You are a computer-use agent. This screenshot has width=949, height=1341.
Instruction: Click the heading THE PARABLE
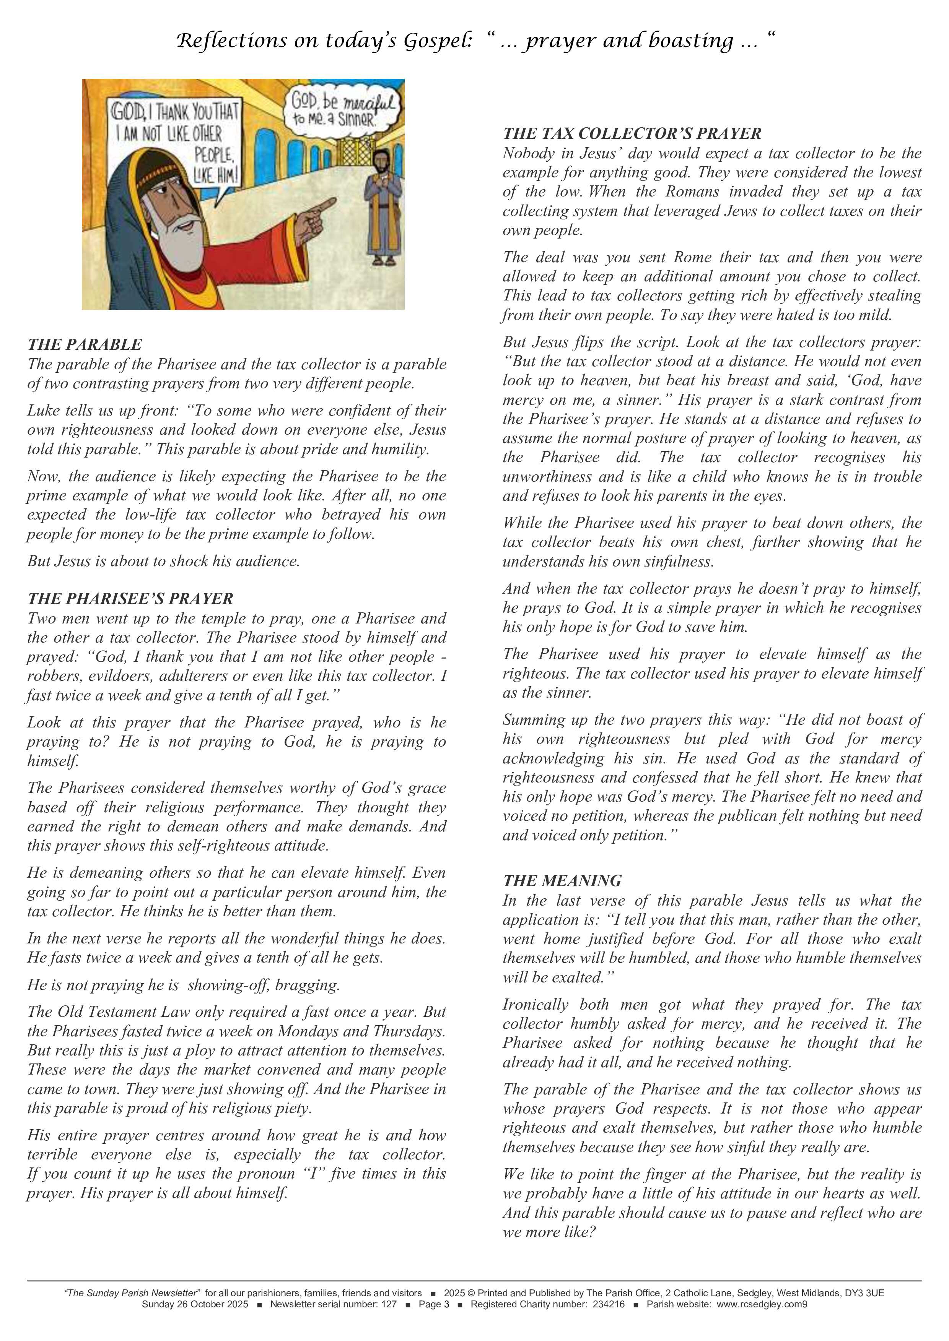coord(85,344)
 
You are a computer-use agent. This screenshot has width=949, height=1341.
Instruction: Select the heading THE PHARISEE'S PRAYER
coord(130,599)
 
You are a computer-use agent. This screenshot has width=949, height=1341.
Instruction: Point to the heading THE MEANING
coord(562,881)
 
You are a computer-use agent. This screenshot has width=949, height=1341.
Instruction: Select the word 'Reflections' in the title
coord(232,41)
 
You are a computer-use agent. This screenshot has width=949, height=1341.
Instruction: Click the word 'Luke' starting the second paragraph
coord(43,411)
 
